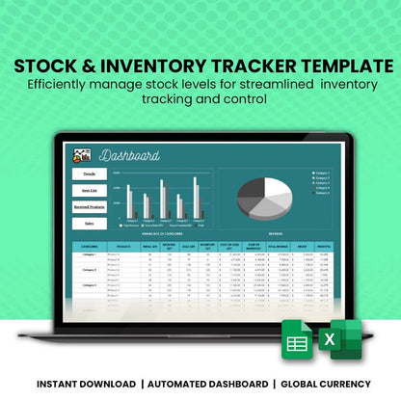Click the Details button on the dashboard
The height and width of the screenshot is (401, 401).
89,174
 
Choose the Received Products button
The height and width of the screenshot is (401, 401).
89,206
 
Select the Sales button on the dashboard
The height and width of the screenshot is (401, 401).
89,223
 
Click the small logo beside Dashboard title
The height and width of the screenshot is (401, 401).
83,155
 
